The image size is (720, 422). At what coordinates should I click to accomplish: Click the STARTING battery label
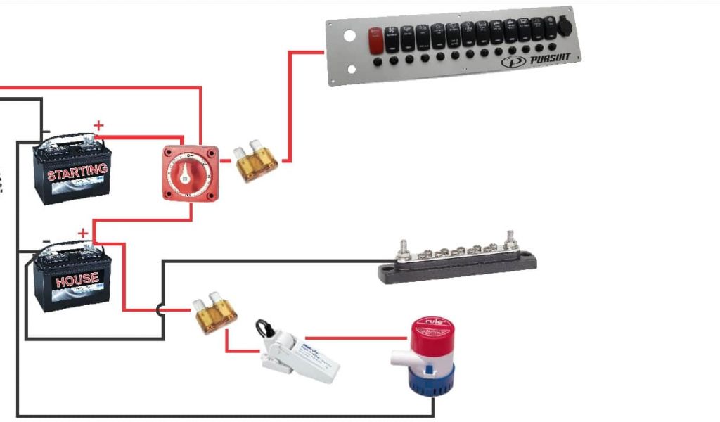click(77, 171)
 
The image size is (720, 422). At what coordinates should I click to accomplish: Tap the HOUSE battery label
click(77, 279)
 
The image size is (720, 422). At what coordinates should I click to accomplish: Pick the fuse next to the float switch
click(215, 314)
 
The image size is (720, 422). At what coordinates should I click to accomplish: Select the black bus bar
click(458, 264)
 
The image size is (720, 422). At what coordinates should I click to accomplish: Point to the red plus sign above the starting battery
click(98, 125)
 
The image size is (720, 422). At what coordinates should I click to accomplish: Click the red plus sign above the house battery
click(83, 233)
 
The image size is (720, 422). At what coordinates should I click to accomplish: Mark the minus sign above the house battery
click(46, 241)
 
